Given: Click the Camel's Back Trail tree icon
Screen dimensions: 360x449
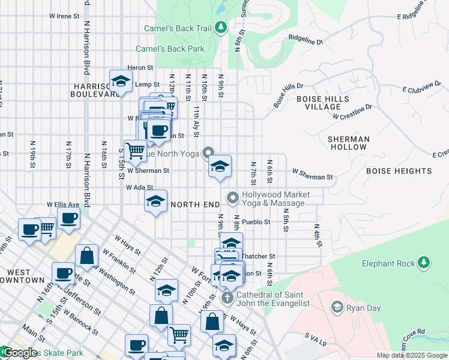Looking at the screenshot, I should pyautogui.click(x=221, y=27).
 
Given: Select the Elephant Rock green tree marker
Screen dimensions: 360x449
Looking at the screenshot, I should pyautogui.click(x=424, y=262).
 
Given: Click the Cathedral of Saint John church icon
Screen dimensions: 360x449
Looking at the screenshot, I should pyautogui.click(x=227, y=298).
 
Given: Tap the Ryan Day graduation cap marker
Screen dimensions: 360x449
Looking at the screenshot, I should pyautogui.click(x=337, y=307).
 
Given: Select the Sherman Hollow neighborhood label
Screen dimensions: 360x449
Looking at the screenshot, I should pyautogui.click(x=348, y=143).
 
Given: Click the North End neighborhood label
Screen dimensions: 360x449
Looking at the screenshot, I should pyautogui.click(x=195, y=205).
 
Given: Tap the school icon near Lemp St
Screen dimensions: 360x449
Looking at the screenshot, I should pyautogui.click(x=121, y=82).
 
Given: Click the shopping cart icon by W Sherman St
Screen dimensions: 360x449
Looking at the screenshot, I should pyautogui.click(x=135, y=150).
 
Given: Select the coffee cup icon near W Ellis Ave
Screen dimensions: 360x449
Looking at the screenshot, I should pyautogui.click(x=68, y=219).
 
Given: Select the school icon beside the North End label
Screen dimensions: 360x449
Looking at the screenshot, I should pyautogui.click(x=155, y=202).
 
